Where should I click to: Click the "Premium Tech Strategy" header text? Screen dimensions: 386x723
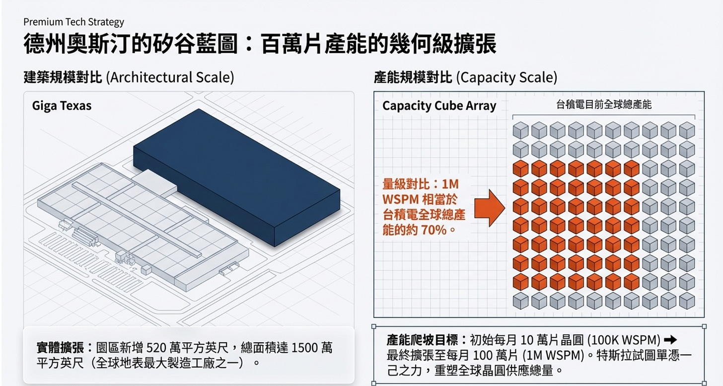(73, 22)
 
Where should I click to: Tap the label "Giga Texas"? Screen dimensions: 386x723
(62, 106)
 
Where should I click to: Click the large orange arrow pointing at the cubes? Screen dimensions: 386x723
(490, 206)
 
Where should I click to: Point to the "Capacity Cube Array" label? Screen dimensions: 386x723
(439, 106)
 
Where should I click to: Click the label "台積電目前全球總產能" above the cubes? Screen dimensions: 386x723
(603, 105)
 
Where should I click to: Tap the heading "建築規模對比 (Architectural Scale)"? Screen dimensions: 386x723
(129, 77)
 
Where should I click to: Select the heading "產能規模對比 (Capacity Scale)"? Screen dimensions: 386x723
(465, 77)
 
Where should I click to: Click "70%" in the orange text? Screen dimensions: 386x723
(433, 231)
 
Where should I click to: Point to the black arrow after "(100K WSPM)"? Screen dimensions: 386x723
(670, 340)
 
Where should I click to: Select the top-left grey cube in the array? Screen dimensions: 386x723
(520, 130)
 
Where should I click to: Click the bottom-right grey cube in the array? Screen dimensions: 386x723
(687, 300)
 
